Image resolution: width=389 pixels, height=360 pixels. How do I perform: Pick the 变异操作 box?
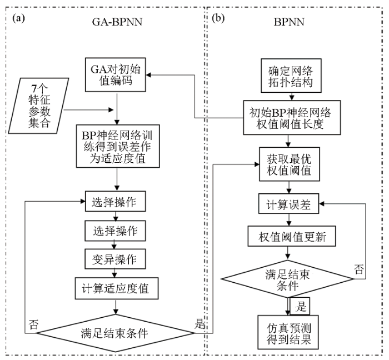(x=115, y=258)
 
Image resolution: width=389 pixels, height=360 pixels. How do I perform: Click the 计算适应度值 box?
(x=116, y=288)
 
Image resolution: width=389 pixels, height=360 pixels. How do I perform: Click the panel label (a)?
(x=19, y=18)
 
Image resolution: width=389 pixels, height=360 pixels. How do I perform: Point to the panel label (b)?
(x=219, y=18)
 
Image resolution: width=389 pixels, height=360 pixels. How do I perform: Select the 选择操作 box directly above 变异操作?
(x=115, y=228)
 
